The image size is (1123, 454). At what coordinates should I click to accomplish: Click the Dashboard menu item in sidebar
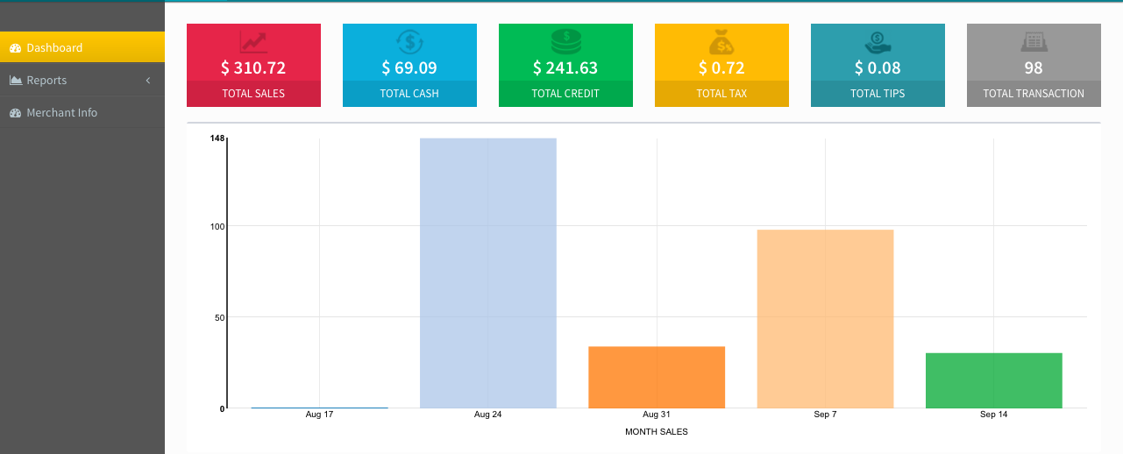click(54, 47)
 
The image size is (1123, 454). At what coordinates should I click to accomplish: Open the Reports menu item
click(46, 80)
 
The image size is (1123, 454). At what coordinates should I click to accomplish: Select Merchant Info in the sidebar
click(61, 112)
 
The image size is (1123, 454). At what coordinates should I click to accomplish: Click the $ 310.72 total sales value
click(253, 67)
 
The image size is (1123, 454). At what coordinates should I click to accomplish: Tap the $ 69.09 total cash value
click(409, 67)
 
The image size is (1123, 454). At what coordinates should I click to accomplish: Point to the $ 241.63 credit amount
click(565, 67)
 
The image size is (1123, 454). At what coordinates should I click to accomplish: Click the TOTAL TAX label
click(721, 93)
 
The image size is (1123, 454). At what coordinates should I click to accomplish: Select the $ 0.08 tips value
click(878, 67)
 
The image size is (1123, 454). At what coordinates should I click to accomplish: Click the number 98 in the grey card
click(1034, 67)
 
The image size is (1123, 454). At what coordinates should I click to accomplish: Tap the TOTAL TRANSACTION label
click(1034, 93)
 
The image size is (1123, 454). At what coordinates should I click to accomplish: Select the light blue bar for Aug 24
click(488, 273)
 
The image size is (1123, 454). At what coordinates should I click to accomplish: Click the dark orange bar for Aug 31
click(657, 377)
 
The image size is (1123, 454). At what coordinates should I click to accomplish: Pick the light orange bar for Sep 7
click(825, 318)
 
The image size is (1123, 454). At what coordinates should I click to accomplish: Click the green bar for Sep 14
click(993, 380)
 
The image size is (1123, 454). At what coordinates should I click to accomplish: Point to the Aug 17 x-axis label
click(319, 414)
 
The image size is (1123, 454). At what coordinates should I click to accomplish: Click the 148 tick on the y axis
click(217, 138)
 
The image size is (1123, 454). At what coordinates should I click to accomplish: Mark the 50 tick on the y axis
click(220, 317)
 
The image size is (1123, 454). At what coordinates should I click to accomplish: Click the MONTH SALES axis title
click(657, 431)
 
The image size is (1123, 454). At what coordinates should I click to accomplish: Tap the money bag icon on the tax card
click(721, 42)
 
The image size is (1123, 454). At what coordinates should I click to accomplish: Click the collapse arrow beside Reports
click(147, 80)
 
